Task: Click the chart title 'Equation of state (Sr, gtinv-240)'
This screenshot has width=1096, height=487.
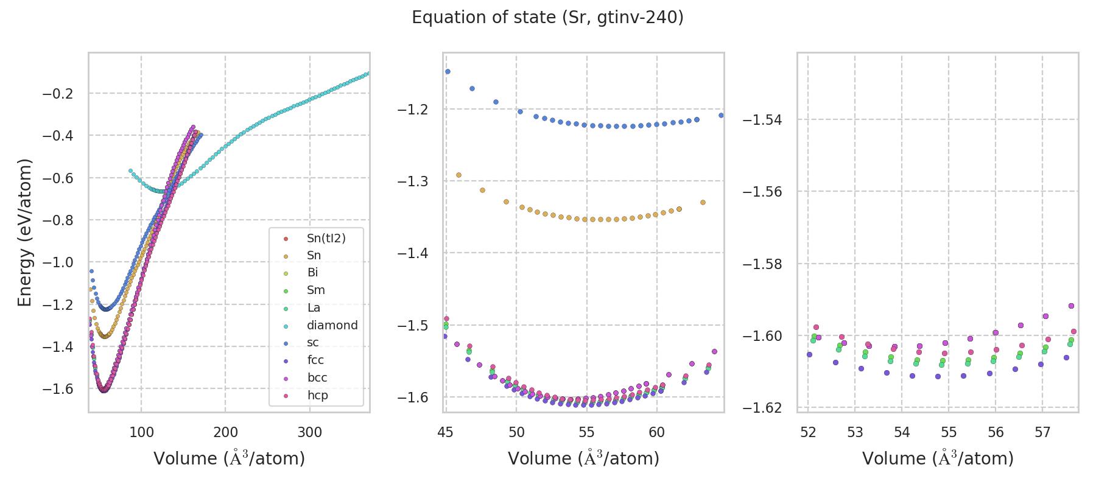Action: pyautogui.click(x=547, y=18)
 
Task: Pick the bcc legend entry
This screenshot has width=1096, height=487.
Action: pyautogui.click(x=317, y=377)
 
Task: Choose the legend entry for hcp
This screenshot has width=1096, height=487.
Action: pyautogui.click(x=317, y=395)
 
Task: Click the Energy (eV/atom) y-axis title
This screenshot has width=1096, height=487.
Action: pyautogui.click(x=24, y=233)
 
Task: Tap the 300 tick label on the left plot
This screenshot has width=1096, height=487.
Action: pyautogui.click(x=309, y=433)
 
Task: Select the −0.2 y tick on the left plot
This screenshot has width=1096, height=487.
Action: pyautogui.click(x=57, y=93)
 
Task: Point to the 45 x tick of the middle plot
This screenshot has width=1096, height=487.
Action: pyautogui.click(x=446, y=433)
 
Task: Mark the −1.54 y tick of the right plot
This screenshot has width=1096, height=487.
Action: pyautogui.click(x=762, y=120)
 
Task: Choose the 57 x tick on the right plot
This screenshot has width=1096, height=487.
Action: pyautogui.click(x=1042, y=433)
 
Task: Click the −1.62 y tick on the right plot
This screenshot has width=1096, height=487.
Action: pyautogui.click(x=762, y=408)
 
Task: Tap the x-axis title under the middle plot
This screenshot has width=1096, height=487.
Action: pyautogui.click(x=583, y=458)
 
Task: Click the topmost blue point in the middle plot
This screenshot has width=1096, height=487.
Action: pyautogui.click(x=448, y=71)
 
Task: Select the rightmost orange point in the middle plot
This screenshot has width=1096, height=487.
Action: pyautogui.click(x=703, y=202)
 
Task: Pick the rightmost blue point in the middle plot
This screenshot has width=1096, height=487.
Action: pyautogui.click(x=721, y=115)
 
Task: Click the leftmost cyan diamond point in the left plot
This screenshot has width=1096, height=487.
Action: pyautogui.click(x=130, y=171)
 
